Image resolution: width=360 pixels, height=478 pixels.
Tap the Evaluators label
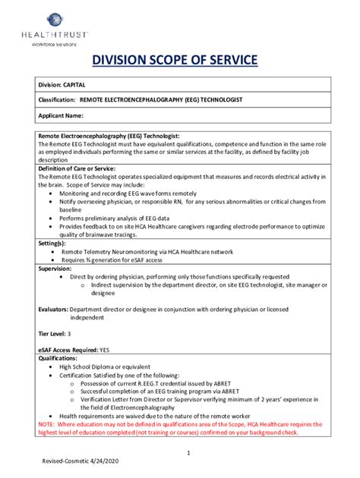click(52, 310)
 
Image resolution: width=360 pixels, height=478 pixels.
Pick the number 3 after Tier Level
click(70, 333)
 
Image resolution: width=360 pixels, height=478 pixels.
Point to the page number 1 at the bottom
click(187, 453)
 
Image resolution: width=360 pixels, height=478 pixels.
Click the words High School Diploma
click(90, 366)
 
